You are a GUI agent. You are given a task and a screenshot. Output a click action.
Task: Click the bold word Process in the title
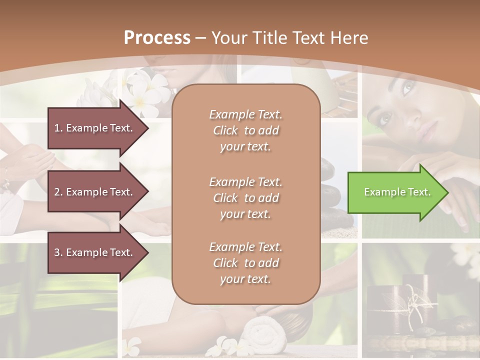[157, 37]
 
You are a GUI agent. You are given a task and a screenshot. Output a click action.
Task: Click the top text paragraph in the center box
[245, 130]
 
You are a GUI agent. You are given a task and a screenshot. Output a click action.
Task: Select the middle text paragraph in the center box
[245, 197]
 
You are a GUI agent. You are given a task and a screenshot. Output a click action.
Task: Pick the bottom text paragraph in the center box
[245, 263]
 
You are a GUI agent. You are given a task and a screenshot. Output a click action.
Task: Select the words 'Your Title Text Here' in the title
[290, 37]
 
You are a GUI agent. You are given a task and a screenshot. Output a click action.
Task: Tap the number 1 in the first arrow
[56, 128]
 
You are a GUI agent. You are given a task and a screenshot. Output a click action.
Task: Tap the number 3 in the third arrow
[57, 252]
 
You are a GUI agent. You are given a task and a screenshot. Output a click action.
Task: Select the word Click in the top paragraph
[225, 130]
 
